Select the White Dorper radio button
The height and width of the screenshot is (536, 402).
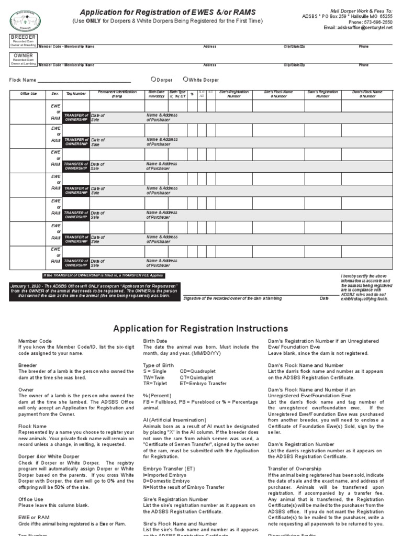pos(185,80)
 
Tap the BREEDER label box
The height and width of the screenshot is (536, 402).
pos(23,38)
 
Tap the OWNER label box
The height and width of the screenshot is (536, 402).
pos(23,55)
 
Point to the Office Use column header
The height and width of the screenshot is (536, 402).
pos(29,94)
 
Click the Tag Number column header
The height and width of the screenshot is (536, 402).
pos(76,94)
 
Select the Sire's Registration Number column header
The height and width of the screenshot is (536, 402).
pos(233,94)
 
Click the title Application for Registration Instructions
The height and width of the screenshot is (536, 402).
pos(201,329)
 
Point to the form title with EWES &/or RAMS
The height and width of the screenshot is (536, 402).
pos(167,12)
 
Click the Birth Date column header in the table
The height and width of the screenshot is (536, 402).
pos(156,94)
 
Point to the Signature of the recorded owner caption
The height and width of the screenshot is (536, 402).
pos(232,298)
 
